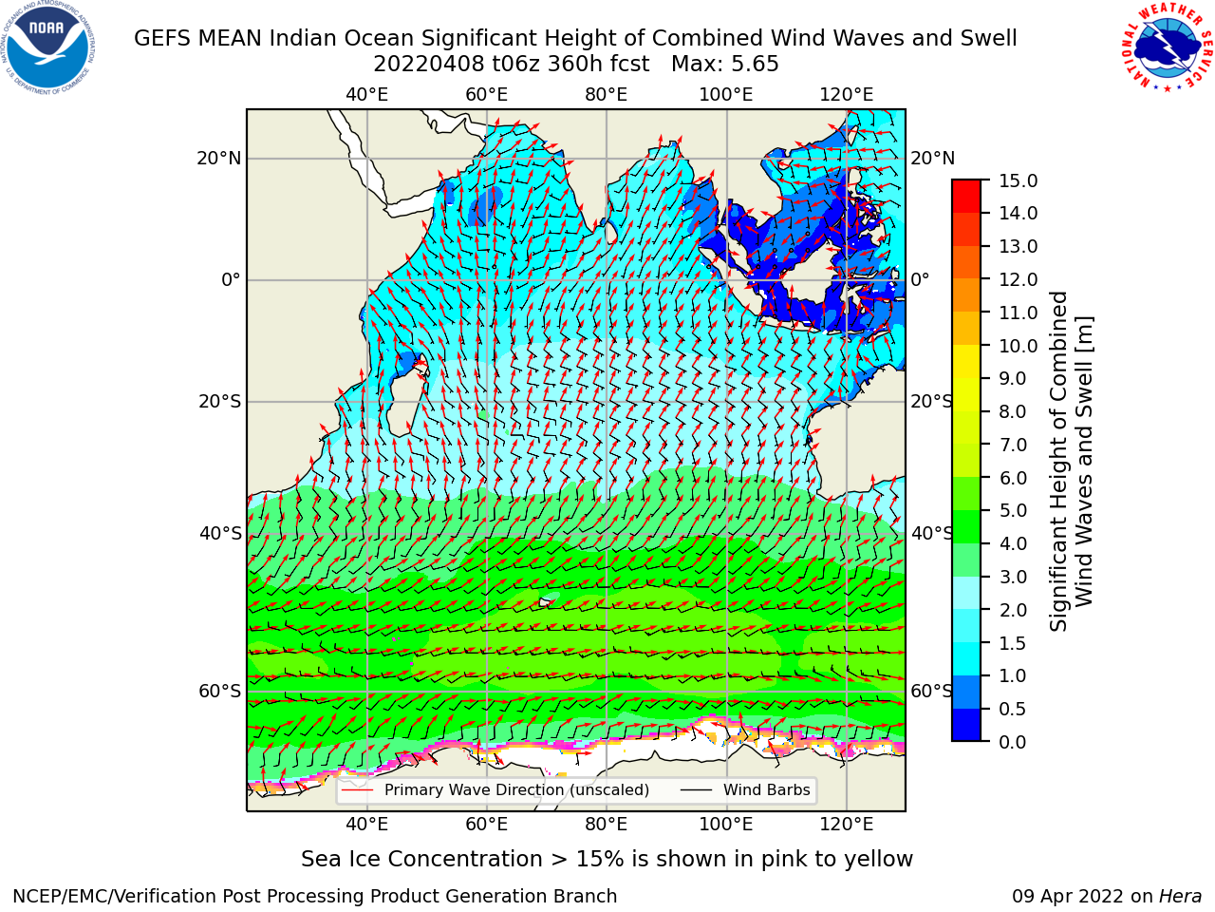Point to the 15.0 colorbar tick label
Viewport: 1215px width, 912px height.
1018,180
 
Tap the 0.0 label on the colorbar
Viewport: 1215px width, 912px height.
1013,742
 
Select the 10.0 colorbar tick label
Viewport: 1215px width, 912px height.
1018,346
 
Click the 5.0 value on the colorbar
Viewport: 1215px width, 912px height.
1013,510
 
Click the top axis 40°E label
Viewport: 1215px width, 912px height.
366,95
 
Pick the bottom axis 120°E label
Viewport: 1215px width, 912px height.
846,824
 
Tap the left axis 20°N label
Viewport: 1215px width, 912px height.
219,159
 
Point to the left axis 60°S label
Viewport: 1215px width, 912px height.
220,691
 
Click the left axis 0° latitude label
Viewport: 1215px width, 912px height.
231,279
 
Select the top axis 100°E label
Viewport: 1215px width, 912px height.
726,95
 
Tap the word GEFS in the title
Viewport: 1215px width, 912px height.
161,38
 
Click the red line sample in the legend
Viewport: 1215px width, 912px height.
358,789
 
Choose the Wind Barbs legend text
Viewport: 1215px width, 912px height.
767,789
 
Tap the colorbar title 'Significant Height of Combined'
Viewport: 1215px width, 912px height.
1057,461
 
